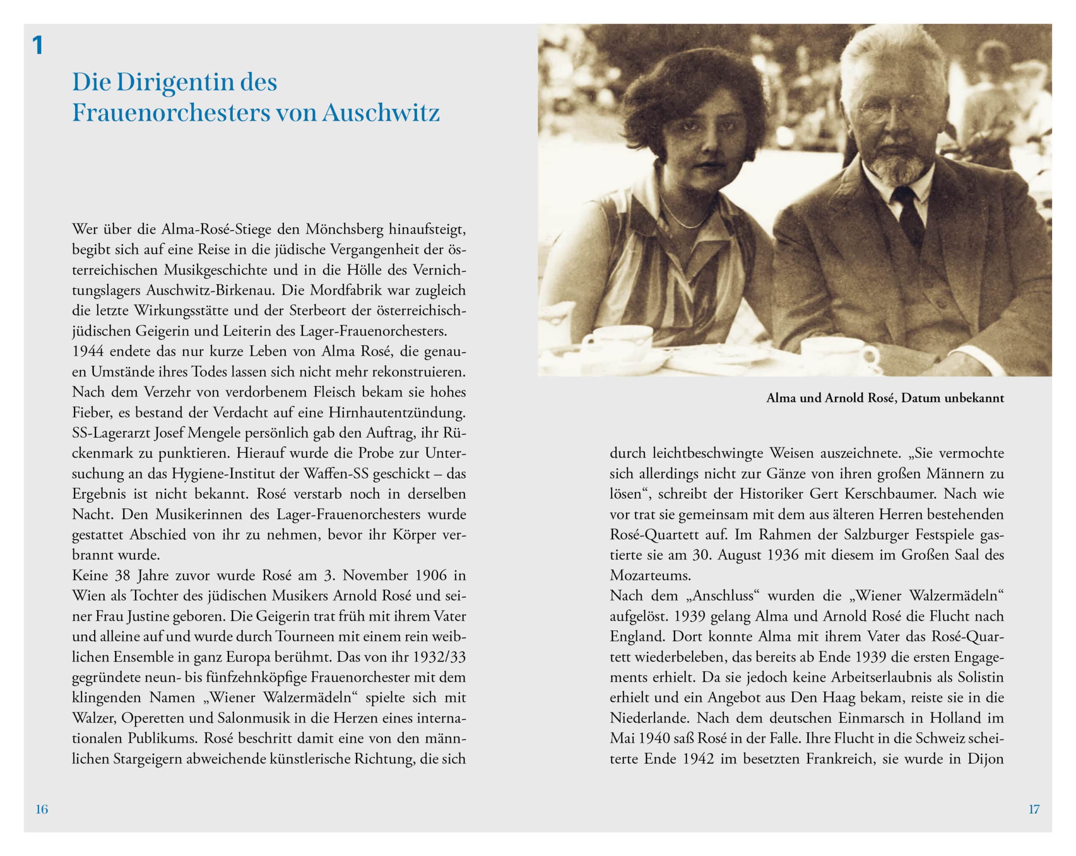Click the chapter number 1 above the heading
(37, 46)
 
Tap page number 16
(42, 809)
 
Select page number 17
(1034, 809)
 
